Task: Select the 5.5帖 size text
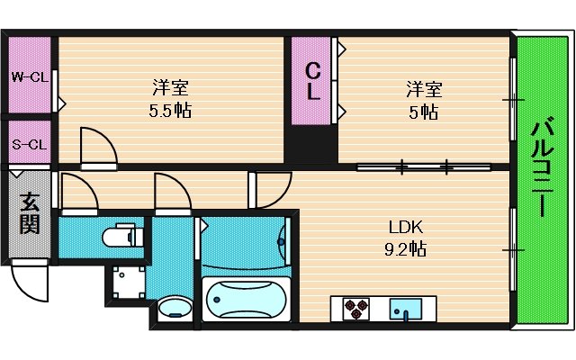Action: coord(170,112)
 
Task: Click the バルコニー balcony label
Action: coord(541,166)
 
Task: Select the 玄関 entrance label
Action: coord(30,213)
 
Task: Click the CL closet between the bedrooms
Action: coord(312,81)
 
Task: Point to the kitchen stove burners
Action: coord(354,309)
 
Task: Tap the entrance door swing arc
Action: coord(29,281)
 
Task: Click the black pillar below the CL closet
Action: coord(310,148)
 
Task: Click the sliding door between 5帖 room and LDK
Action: coord(423,166)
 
